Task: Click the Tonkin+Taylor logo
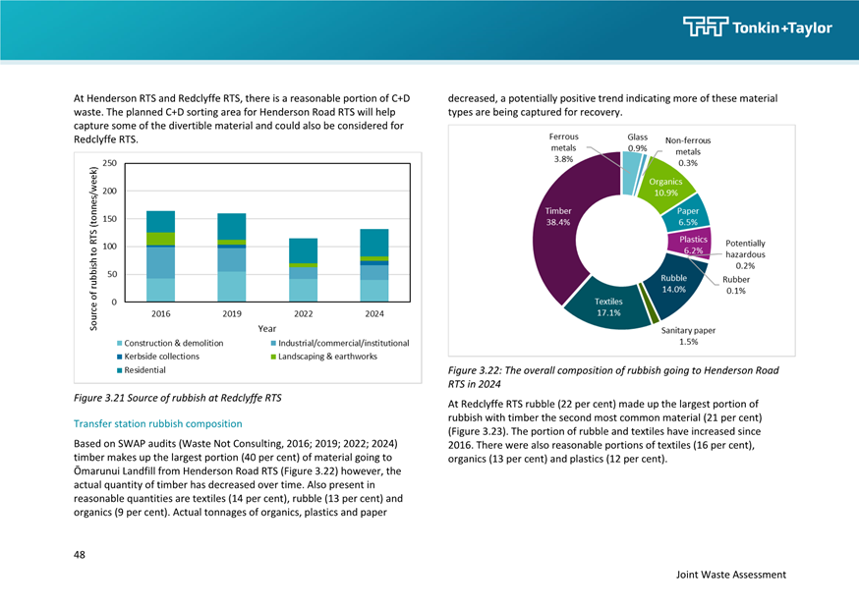[757, 27]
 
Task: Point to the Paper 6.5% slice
[687, 216]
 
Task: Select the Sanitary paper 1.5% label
[688, 336]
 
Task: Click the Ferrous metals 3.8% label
[563, 147]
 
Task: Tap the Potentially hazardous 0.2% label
[745, 254]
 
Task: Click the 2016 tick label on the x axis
[160, 313]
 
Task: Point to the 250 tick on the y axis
[109, 163]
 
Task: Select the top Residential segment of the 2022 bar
[303, 250]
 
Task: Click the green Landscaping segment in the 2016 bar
[160, 239]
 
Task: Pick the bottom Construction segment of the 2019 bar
[232, 286]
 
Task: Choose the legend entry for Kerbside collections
[158, 357]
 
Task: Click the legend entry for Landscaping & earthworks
[323, 357]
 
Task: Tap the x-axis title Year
[266, 328]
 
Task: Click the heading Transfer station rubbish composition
[158, 423]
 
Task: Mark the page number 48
[80, 555]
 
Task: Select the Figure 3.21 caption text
[178, 398]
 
